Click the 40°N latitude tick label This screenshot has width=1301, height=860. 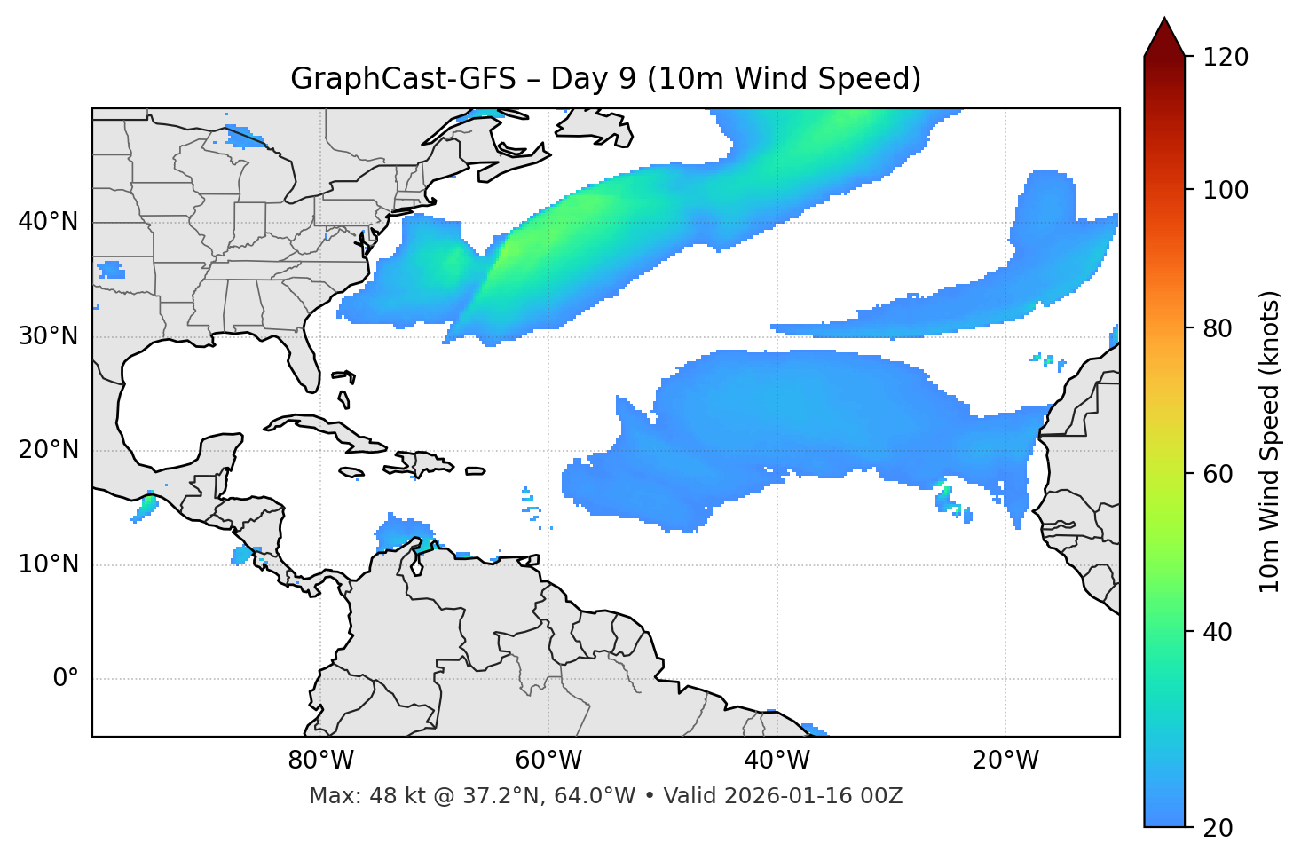click(48, 222)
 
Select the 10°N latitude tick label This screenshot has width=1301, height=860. click(48, 564)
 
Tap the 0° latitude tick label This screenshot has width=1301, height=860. click(66, 679)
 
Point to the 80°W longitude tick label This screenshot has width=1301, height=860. click(320, 761)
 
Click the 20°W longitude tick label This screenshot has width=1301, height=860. click(1005, 761)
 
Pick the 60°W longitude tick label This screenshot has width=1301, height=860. click(548, 761)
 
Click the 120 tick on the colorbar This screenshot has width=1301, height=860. click(1226, 58)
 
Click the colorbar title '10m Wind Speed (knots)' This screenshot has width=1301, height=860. click(1270, 441)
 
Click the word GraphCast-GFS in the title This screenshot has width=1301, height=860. click(402, 79)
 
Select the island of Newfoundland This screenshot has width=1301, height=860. click(595, 126)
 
